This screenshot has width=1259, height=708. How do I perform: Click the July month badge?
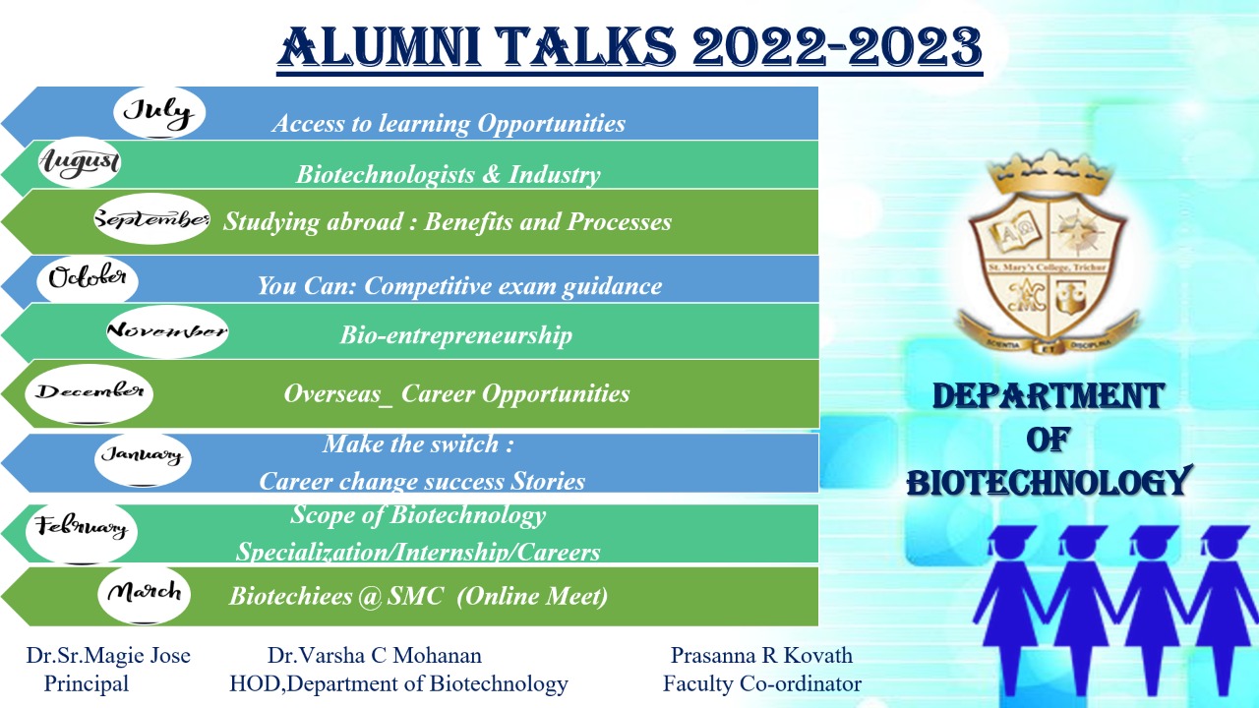(159, 112)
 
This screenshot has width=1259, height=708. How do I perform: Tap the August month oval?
(80, 162)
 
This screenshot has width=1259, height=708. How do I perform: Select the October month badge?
(88, 277)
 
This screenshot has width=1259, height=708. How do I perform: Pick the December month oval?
(89, 393)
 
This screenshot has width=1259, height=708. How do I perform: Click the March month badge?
(144, 594)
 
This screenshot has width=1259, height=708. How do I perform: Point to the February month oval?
(82, 530)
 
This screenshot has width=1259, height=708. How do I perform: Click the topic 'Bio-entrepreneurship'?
(455, 335)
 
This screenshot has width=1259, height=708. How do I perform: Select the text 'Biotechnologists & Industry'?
(448, 175)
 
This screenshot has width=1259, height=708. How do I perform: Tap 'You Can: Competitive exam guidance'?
(459, 286)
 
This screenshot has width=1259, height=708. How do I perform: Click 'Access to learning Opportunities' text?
(449, 124)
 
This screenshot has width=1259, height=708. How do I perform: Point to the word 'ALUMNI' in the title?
(380, 47)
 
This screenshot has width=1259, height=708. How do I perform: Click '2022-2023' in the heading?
(837, 47)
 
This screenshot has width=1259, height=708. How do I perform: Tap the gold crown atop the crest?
(1049, 171)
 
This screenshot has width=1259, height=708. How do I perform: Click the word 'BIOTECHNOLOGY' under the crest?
(1049, 482)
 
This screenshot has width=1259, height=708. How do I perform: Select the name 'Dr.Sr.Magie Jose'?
(108, 656)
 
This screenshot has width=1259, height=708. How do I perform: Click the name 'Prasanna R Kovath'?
(761, 656)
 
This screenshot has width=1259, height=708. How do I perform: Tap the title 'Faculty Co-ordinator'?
(762, 683)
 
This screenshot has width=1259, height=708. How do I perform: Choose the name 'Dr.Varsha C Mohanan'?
(375, 656)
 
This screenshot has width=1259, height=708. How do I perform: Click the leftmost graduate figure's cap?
(1012, 536)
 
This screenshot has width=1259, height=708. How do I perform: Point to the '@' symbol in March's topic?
(371, 597)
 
